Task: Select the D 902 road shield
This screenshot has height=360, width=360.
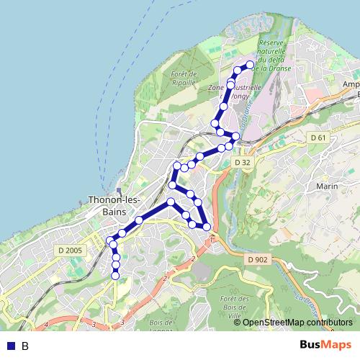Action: [257, 259]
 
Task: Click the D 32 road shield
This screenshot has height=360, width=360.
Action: [243, 163]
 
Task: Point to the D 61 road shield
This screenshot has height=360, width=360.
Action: [319, 138]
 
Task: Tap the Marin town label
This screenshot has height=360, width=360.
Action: [327, 186]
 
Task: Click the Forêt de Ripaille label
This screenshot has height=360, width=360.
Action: [184, 78]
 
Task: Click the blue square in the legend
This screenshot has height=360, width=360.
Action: [10, 346]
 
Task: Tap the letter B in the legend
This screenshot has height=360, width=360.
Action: [25, 346]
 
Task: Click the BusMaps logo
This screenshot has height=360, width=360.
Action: [326, 345]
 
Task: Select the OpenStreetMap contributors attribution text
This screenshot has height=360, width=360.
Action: [297, 322]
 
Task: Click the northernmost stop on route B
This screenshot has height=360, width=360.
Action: [251, 65]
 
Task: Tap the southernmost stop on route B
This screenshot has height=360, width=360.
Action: [116, 275]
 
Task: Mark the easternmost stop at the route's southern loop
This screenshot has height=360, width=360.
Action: [207, 227]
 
